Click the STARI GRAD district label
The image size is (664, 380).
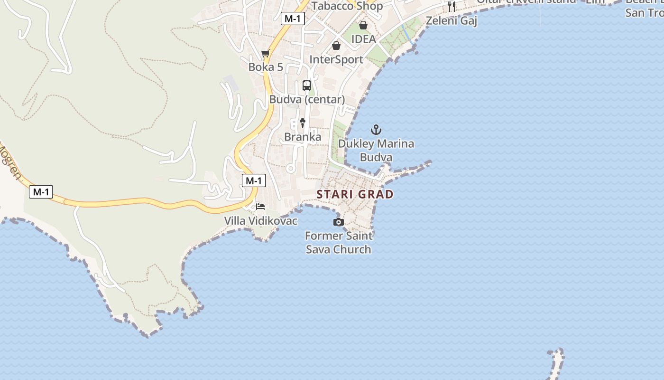pos(355,194)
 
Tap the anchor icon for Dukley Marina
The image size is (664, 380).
pos(376,130)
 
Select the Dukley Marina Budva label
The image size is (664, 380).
pos(376,150)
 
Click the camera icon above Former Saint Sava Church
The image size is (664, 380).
pos(338,222)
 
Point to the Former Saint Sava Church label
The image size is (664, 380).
pos(339,242)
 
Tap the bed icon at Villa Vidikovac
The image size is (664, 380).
pos(260,207)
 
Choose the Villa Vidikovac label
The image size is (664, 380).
pos(260,221)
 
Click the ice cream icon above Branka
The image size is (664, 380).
pos(302,123)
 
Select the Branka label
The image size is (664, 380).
pos(303,137)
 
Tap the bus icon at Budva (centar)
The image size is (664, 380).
pos(307,85)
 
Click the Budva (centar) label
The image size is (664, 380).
pos(307,100)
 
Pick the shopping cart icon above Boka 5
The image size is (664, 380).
pos(266,54)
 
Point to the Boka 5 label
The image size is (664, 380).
pos(266,67)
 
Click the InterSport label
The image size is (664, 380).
pos(336,60)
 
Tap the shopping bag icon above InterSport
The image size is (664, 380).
pos(336,46)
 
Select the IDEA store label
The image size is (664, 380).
pos(363,39)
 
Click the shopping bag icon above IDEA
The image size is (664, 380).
pos(363,25)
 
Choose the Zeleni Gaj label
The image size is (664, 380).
pos(452,21)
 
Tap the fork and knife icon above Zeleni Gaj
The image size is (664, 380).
pos(452,7)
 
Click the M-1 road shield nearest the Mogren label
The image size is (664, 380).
pos(41,192)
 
